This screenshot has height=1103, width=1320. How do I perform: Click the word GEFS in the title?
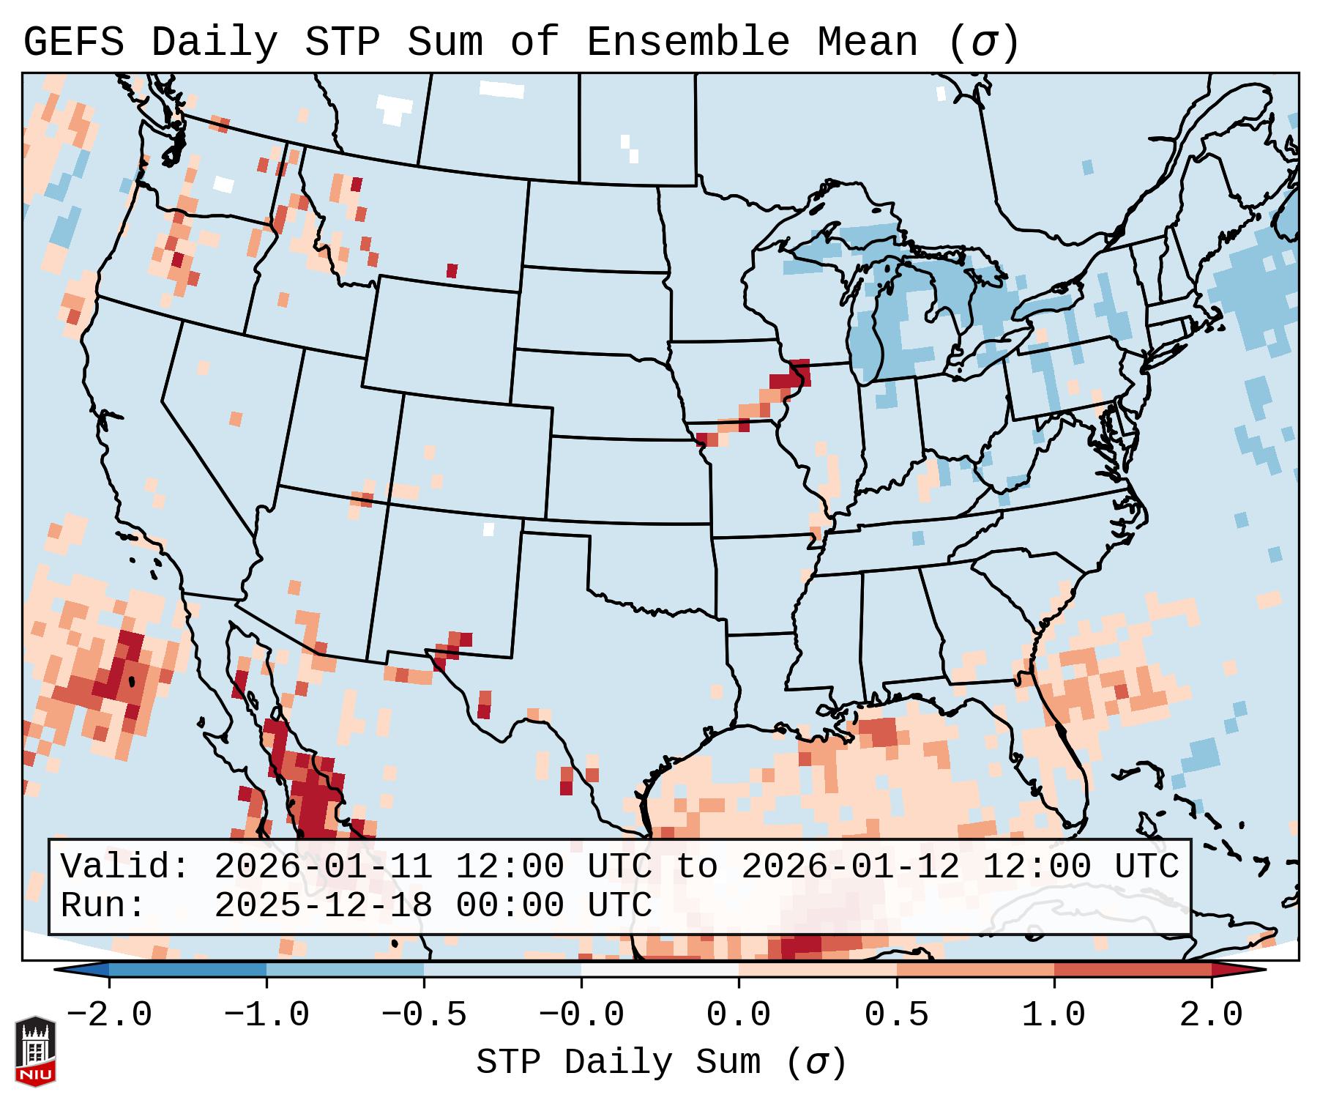(73, 42)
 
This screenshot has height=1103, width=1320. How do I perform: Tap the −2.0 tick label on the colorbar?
(109, 1015)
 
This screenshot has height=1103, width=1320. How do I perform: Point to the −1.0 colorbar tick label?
(266, 1015)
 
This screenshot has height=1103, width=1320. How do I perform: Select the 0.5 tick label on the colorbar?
(896, 1015)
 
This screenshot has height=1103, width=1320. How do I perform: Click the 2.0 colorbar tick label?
(1211, 1015)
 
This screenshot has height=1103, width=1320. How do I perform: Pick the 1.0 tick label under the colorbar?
(1054, 1015)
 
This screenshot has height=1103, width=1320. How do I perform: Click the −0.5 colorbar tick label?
(424, 1015)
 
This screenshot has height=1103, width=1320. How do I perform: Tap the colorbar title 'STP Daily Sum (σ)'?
(661, 1062)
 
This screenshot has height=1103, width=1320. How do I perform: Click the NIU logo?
(35, 1051)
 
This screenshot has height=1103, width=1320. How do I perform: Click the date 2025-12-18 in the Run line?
(323, 906)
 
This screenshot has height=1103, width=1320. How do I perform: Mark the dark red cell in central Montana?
(452, 270)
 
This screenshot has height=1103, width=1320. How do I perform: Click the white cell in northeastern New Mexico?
(489, 529)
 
